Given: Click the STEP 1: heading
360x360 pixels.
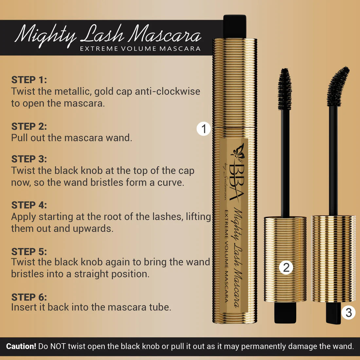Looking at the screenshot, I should click(x=29, y=80).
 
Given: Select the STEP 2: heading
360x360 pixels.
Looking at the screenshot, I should click(x=29, y=126).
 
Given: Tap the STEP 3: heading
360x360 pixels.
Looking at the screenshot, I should click(x=29, y=159).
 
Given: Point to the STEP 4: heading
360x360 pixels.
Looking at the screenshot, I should click(x=29, y=205).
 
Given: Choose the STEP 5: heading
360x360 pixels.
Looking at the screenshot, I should click(x=29, y=251).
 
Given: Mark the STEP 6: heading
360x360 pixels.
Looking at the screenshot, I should click(x=29, y=297).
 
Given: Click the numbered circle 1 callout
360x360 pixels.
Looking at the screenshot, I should click(x=204, y=129).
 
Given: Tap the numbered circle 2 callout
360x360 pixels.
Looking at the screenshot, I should click(x=286, y=267).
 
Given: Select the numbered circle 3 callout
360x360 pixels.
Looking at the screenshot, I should click(x=349, y=312).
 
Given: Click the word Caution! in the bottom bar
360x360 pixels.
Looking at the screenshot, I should click(x=21, y=346).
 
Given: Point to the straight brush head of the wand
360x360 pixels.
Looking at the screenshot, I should click(x=285, y=89).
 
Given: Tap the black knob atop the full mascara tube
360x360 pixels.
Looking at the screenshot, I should click(x=235, y=26).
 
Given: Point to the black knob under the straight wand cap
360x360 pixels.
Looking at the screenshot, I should click(x=285, y=313).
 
